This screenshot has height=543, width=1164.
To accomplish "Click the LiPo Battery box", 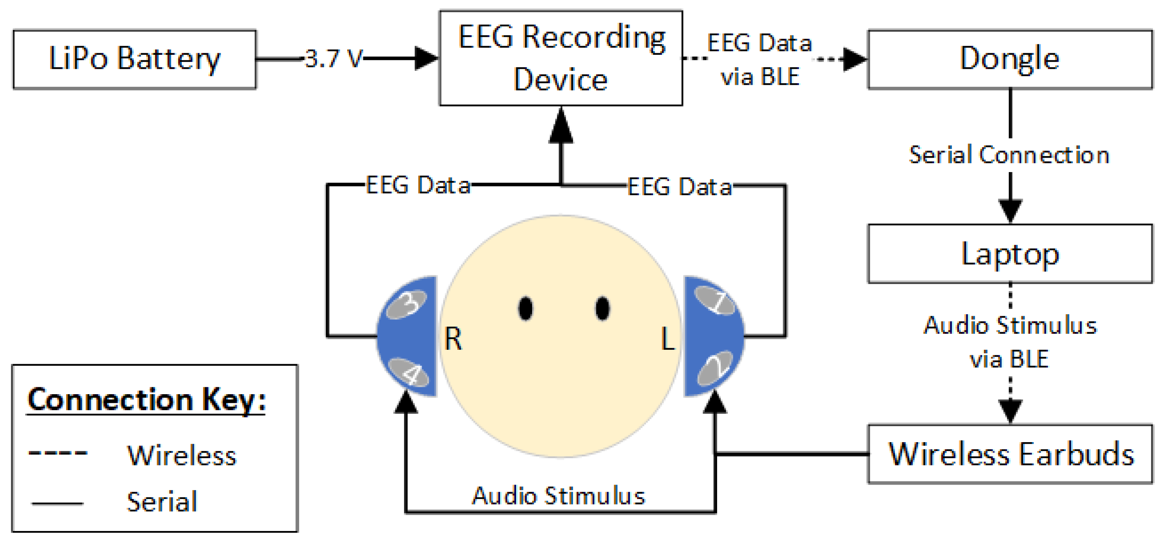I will pyautogui.click(x=134, y=59).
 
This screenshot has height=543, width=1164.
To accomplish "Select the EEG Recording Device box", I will pyautogui.click(x=561, y=58).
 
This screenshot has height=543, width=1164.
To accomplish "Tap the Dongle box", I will pyautogui.click(x=1009, y=59).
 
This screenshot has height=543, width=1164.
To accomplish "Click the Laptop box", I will pyautogui.click(x=1009, y=254).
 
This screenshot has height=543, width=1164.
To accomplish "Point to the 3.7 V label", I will pyautogui.click(x=334, y=59).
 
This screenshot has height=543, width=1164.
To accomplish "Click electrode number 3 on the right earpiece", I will pyautogui.click(x=407, y=304).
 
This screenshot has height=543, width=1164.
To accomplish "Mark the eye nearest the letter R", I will pyautogui.click(x=525, y=309).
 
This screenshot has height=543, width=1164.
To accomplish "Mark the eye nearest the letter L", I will pyautogui.click(x=602, y=309).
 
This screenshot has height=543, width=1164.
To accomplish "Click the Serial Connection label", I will pyautogui.click(x=1009, y=155).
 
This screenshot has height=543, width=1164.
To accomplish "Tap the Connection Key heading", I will pyautogui.click(x=146, y=400).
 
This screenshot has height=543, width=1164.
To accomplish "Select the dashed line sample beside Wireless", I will pyautogui.click(x=57, y=453).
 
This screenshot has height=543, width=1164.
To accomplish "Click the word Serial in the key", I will pyautogui.click(x=162, y=501).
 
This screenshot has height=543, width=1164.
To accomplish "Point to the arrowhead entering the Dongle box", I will pyautogui.click(x=855, y=59).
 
